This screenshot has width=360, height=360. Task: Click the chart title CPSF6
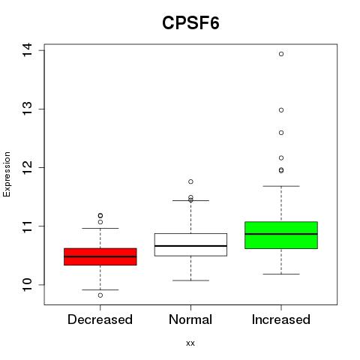pyautogui.click(x=190, y=23)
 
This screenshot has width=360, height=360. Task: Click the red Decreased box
pyautogui.click(x=100, y=256)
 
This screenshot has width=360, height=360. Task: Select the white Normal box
pyautogui.click(x=190, y=244)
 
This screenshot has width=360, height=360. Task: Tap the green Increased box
pyautogui.click(x=281, y=235)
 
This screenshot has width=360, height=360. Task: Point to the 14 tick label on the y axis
pyautogui.click(x=27, y=50)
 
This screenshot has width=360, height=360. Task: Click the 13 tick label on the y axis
pyautogui.click(x=27, y=109)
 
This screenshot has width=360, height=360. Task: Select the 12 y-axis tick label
pyautogui.click(x=27, y=167)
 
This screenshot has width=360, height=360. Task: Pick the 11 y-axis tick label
pyautogui.click(x=27, y=226)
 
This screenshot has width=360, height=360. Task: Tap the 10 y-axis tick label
pyautogui.click(x=27, y=285)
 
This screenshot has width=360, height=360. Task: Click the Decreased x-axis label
pyautogui.click(x=100, y=319)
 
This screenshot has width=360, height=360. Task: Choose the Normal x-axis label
pyautogui.click(x=190, y=319)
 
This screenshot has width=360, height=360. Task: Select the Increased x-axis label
pyautogui.click(x=281, y=319)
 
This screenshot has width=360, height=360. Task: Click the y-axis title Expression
pyautogui.click(x=7, y=174)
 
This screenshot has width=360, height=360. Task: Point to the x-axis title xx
pyautogui.click(x=190, y=343)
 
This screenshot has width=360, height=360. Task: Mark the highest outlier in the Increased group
pyautogui.click(x=281, y=54)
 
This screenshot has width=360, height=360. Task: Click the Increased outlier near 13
pyautogui.click(x=281, y=110)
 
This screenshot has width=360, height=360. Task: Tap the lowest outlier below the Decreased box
pyautogui.click(x=100, y=295)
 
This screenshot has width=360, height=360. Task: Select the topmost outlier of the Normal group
pyautogui.click(x=190, y=181)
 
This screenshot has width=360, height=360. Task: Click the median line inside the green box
pyautogui.click(x=281, y=234)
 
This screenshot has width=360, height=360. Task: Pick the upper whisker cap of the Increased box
pyautogui.click(x=281, y=186)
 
